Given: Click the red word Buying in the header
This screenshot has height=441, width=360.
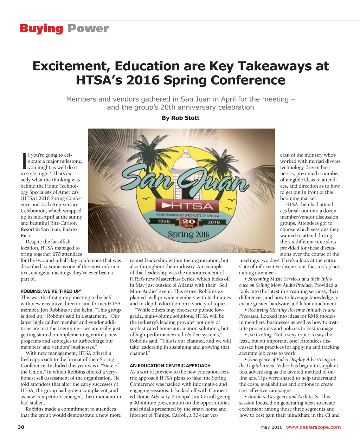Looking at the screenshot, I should (41, 28).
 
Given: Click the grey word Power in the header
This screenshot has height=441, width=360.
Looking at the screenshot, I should (88, 28).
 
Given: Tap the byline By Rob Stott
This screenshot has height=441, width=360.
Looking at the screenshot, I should (180, 118).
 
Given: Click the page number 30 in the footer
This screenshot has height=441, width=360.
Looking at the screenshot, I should (21, 427).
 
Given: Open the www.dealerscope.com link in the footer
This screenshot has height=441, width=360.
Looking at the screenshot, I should (313, 427).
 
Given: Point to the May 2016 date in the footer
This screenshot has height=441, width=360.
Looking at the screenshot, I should (272, 427).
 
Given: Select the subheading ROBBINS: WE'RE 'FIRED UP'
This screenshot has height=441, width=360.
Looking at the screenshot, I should (51, 291).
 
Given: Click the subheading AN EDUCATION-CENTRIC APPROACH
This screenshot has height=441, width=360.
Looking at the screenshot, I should (170, 365).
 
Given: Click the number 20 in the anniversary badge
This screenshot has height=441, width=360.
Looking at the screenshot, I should (189, 222).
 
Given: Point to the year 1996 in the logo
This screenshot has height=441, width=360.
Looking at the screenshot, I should (163, 221).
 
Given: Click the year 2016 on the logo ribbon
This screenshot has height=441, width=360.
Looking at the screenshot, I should (214, 222).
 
